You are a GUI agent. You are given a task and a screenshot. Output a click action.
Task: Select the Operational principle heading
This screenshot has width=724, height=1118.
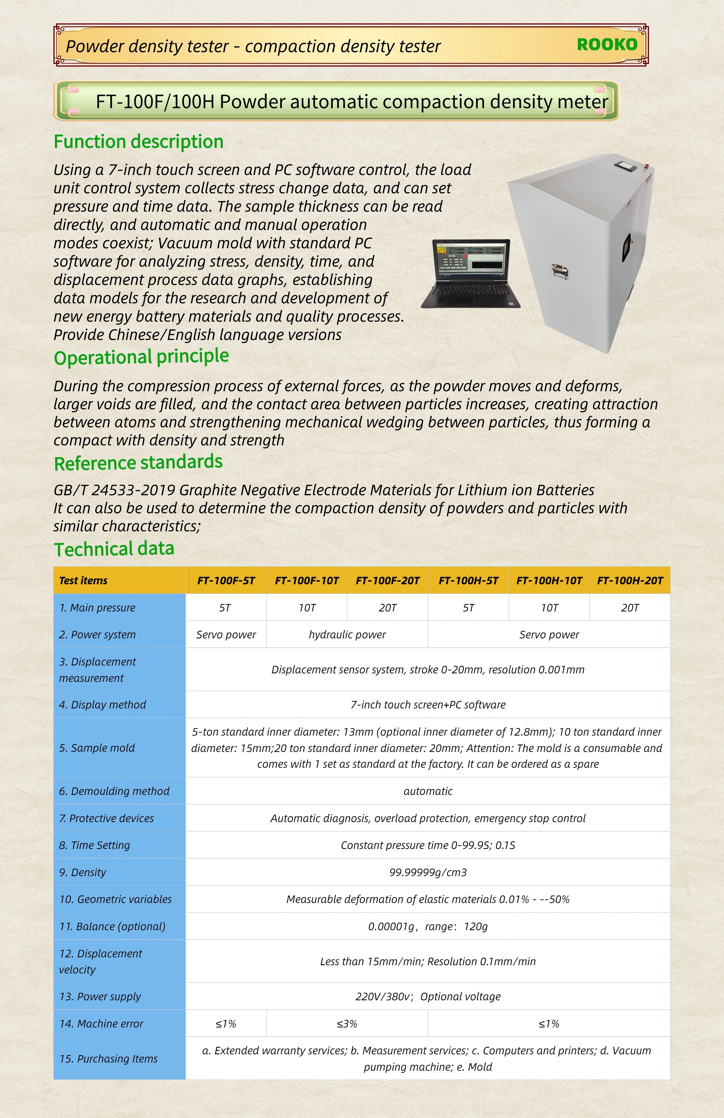click(x=141, y=357)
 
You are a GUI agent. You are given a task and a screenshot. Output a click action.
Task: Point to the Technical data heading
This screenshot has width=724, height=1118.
click(x=114, y=549)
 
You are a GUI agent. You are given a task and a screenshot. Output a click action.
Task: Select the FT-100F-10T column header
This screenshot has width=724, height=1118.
click(x=307, y=580)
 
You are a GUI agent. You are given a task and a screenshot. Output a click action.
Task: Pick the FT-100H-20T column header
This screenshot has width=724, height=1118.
click(x=630, y=580)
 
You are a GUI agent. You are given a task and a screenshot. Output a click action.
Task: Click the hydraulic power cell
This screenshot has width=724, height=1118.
click(x=347, y=635)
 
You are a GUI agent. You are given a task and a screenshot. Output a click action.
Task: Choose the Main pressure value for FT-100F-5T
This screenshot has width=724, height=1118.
click(x=225, y=608)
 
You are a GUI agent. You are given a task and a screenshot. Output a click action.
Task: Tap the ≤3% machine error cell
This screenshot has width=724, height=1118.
click(x=347, y=1024)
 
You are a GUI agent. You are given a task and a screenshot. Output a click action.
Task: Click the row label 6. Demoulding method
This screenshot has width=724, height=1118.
click(x=114, y=791)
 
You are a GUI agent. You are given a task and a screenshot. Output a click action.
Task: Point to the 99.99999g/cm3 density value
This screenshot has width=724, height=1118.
click(x=428, y=872)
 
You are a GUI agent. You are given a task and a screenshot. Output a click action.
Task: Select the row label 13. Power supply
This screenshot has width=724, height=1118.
click(x=100, y=997)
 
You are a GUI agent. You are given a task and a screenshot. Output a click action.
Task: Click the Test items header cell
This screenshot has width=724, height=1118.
click(x=83, y=580)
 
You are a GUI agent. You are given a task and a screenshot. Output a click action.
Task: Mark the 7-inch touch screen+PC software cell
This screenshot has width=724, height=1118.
click(x=428, y=705)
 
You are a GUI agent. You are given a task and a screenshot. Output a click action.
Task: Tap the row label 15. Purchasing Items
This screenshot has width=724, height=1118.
click(x=109, y=1059)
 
